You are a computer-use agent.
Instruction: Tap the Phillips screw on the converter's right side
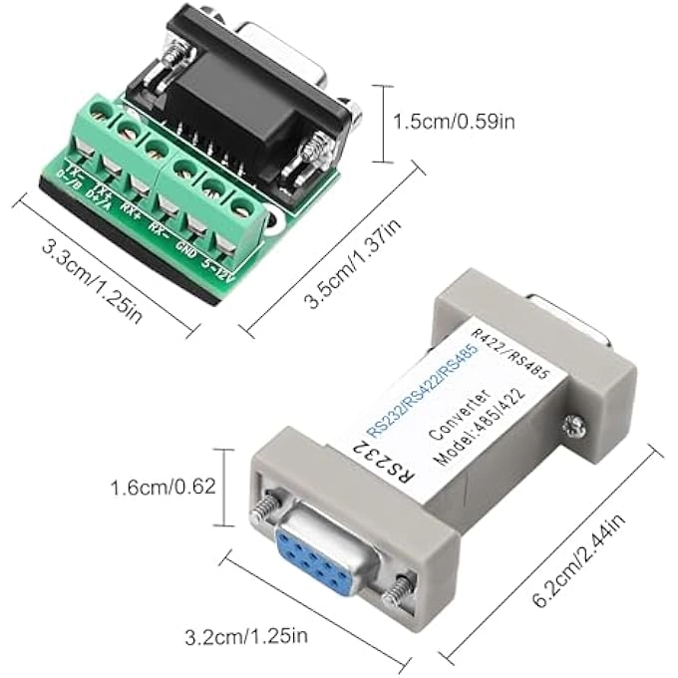[575, 426]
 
